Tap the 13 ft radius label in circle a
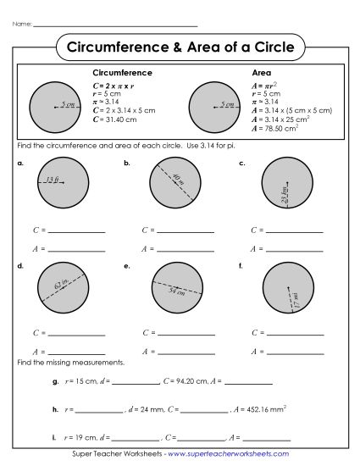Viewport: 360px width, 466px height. pyautogui.click(x=53, y=180)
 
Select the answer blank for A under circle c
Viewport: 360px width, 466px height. pyautogui.click(x=295, y=249)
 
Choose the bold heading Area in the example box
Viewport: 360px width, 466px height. pyautogui.click(x=262, y=74)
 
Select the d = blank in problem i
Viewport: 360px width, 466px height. pyautogui.click(x=137, y=438)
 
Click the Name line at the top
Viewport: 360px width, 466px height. pyautogui.click(x=114, y=25)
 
